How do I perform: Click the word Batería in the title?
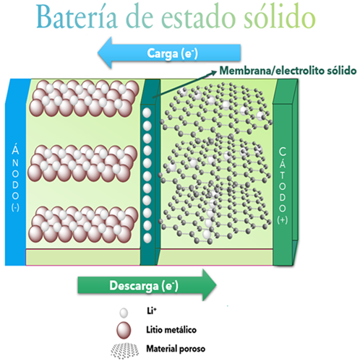point(77,17)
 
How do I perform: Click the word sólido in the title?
point(280,17)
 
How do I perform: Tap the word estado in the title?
point(199,17)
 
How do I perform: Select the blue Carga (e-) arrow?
point(169,53)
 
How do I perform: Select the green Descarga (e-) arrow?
point(147,285)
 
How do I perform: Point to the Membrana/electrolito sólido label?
point(288,71)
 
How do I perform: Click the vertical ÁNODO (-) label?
point(15,178)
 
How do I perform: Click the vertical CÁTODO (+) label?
point(282,186)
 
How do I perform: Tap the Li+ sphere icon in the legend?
point(124,313)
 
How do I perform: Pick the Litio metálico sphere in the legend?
point(124,330)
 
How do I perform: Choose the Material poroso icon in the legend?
point(125,351)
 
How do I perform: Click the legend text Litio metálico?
point(171,329)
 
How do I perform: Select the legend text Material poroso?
point(176,349)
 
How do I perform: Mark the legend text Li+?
point(152,310)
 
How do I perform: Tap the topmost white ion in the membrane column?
point(147,113)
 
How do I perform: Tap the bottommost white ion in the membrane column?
point(147,238)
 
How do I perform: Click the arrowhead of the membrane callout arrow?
point(214,72)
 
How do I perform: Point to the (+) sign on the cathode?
point(282,220)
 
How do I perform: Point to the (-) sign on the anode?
point(15,207)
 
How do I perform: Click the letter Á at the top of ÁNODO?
point(15,149)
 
